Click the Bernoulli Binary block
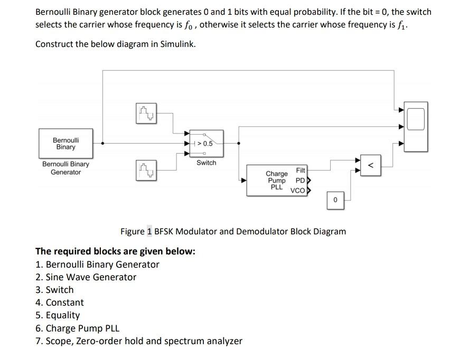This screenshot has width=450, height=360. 66,143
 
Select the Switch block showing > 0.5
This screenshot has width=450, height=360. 206,144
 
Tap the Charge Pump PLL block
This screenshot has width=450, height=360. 277,180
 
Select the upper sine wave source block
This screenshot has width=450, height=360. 147,112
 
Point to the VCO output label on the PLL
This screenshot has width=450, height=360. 297,191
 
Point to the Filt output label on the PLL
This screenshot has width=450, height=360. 300,170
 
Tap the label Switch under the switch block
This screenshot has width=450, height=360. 206,163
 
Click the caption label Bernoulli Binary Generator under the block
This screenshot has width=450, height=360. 65,168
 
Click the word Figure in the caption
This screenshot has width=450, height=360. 133,231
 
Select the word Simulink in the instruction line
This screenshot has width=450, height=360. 177,44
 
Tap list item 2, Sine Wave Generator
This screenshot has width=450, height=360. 91,277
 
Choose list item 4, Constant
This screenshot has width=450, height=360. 64,302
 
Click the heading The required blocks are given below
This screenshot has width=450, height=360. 115,251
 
